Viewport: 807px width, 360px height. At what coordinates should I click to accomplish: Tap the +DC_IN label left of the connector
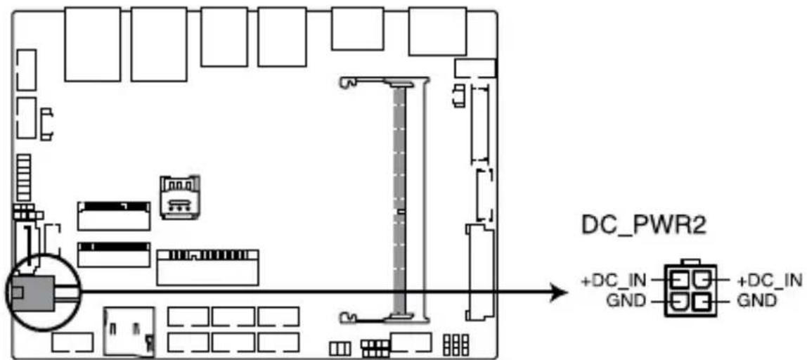(x=615, y=281)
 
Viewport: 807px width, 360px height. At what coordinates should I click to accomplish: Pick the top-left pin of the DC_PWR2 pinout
(x=679, y=281)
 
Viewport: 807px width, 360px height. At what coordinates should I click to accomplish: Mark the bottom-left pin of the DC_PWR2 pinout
(x=679, y=301)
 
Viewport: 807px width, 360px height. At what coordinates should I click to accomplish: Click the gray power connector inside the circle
(x=32, y=294)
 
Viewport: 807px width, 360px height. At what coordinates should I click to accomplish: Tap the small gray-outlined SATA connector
(x=180, y=198)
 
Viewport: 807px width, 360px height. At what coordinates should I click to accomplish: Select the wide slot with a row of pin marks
(x=207, y=267)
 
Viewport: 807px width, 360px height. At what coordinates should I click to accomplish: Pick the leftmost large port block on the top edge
(x=93, y=44)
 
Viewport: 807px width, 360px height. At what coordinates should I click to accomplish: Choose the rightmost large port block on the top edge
(x=438, y=31)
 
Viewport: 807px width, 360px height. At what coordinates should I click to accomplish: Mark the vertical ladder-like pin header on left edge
(x=22, y=177)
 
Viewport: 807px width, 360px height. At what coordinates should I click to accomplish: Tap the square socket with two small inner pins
(x=129, y=332)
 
